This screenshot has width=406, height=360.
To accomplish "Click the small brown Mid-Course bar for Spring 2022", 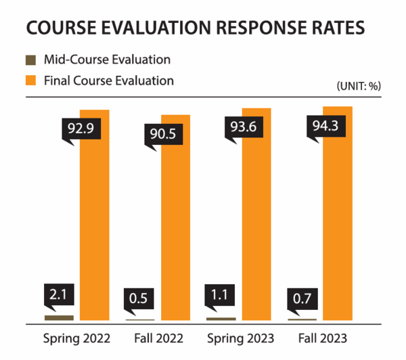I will (x=59, y=317).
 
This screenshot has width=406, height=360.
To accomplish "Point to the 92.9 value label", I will (x=80, y=128).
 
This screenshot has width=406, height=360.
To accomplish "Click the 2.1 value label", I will (x=59, y=295).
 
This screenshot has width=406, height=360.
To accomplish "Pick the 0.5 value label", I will (x=139, y=298).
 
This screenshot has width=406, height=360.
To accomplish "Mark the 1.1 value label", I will (x=221, y=296).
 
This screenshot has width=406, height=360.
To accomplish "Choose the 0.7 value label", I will (x=301, y=298).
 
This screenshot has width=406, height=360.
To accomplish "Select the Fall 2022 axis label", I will (x=156, y=338).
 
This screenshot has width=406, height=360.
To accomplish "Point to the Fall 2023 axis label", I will (x=319, y=338).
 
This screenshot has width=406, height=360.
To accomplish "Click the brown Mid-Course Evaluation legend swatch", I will (x=31, y=61).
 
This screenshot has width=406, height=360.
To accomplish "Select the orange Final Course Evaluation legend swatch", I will (x=31, y=81).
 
